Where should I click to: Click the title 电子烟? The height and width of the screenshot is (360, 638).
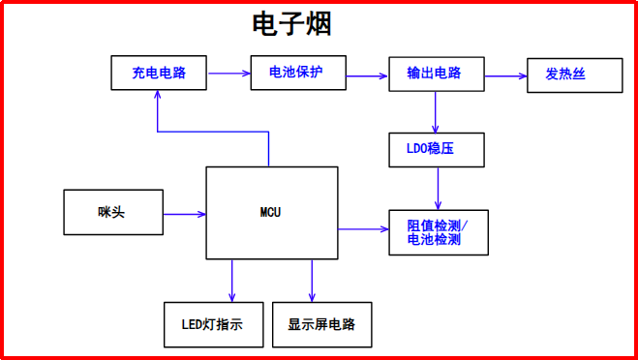tap(291, 23)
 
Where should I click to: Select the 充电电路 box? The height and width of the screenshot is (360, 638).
tap(159, 73)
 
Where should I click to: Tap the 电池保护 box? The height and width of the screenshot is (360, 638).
tap(297, 73)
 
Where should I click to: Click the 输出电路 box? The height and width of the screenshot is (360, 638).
tap(436, 74)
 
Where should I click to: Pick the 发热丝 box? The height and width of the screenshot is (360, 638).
tap(574, 75)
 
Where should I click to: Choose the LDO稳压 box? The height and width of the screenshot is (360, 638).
tap(436, 150)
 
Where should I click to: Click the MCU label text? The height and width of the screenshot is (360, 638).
tap(271, 211)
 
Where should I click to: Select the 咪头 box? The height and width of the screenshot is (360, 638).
tap(112, 213)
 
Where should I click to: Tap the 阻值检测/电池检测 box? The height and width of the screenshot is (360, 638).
tap(438, 232)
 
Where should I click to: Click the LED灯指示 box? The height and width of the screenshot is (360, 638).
tap(212, 324)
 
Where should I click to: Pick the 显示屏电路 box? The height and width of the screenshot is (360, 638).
tap(321, 324)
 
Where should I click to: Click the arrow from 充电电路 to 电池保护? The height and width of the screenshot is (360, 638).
tap(228, 73)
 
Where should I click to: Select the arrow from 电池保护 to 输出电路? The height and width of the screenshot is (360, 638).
tap(367, 73)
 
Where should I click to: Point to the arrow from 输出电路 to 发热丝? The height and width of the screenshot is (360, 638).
tap(505, 74)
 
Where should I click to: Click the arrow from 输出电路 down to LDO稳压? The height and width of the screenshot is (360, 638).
tap(437, 112)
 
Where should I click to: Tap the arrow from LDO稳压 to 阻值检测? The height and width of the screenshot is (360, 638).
tap(439, 188)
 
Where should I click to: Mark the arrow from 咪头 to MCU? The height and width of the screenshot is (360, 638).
tap(184, 213)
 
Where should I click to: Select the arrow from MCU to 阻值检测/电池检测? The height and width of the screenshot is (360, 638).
tap(363, 229)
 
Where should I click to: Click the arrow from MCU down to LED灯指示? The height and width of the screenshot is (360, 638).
tap(232, 281)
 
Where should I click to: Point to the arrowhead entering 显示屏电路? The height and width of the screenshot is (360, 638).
tap(312, 296)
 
